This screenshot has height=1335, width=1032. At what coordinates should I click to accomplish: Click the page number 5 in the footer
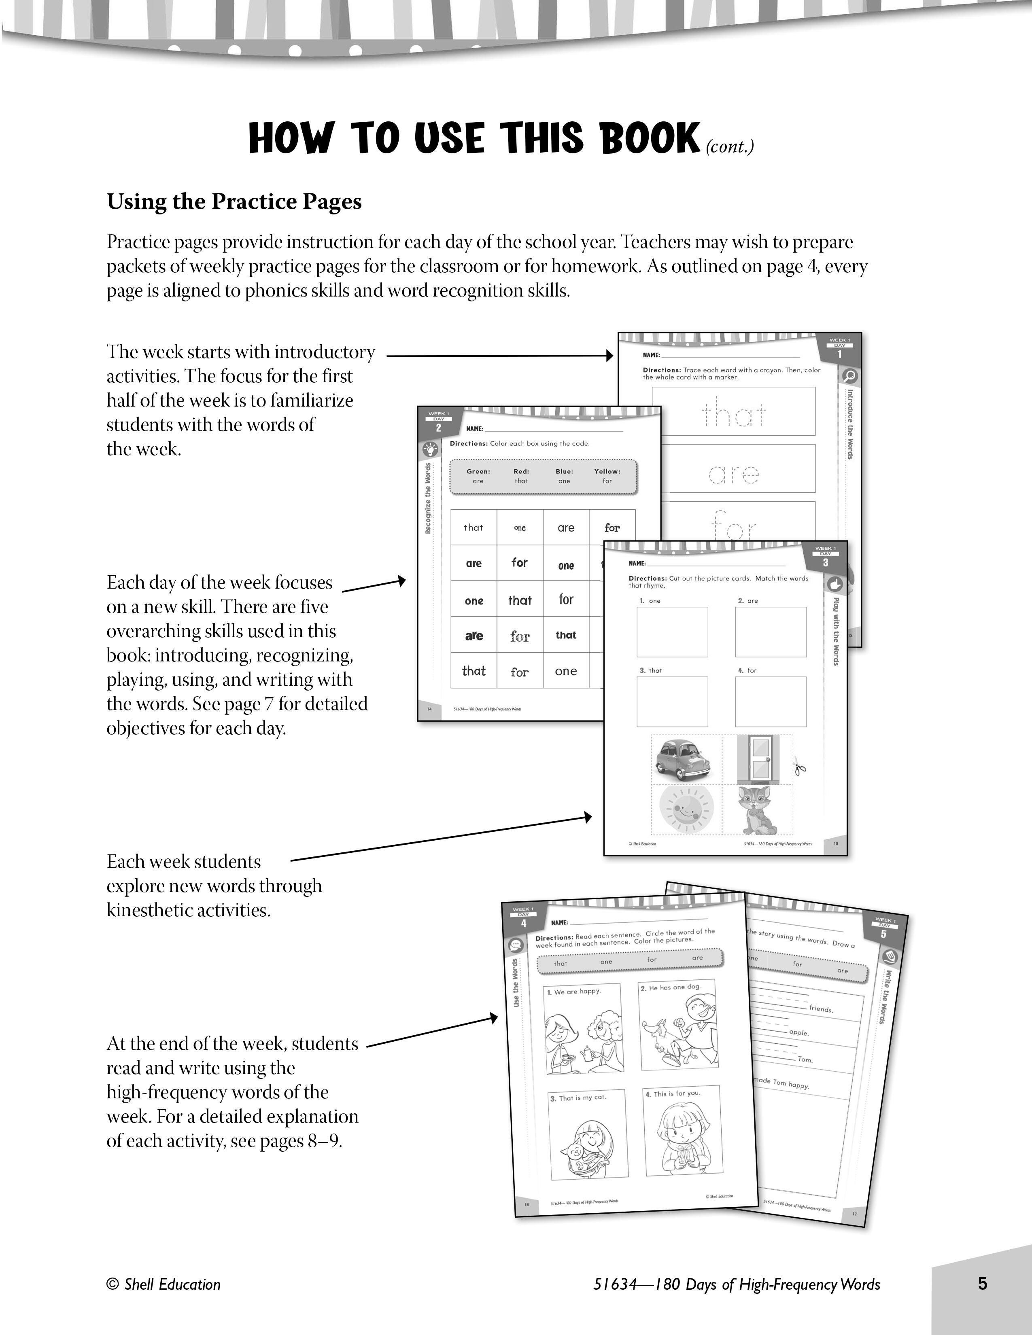pos(982,1283)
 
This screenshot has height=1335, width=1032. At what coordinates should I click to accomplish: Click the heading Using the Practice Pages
pos(234,202)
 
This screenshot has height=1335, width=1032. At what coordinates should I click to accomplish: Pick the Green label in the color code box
pos(478,471)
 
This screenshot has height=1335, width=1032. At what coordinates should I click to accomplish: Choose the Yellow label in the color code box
pos(607,471)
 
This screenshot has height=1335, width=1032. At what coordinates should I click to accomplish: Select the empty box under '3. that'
pos(672,702)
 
